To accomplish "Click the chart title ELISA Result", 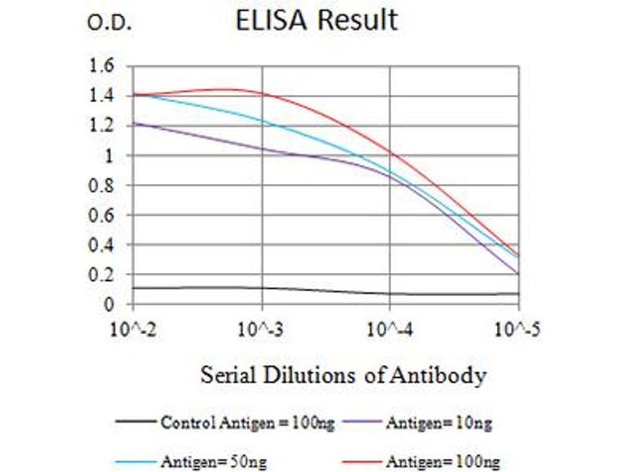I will coord(317,20).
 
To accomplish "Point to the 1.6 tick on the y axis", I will coord(102,66).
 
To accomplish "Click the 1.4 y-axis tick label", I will coord(102,96).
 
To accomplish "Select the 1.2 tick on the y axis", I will coord(102,126).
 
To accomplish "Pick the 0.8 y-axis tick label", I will coord(102,186).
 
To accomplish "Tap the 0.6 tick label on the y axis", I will coord(102,216).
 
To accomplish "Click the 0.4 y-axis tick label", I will coord(102,245).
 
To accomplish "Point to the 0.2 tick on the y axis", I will coord(102,275).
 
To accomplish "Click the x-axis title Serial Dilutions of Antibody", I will coord(343,375).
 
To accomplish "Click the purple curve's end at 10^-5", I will coord(517,274).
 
